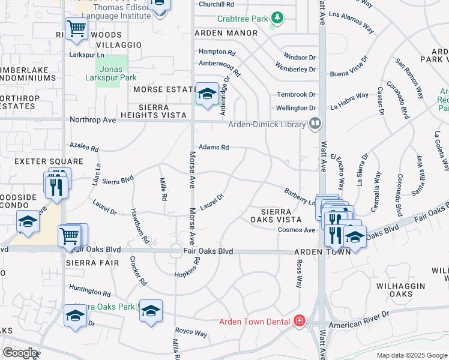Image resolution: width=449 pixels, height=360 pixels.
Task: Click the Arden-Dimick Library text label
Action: pos(266,124)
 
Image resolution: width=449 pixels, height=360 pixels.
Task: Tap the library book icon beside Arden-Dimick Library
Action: pos(315,124)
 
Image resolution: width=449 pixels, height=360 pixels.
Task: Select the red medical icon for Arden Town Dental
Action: pos(299,322)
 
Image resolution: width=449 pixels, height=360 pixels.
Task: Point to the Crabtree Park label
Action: pos(243,19)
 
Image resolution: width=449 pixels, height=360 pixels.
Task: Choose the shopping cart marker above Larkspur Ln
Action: pos(76,29)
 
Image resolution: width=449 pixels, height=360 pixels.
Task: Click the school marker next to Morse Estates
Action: pos(207,94)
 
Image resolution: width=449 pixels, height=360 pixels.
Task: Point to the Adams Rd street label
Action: pos(214,147)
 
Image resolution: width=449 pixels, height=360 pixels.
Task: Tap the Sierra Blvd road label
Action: pos(117,180)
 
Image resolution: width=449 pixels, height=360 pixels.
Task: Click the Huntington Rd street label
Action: pos(90,291)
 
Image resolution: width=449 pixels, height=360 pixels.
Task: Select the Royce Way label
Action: pos(191,332)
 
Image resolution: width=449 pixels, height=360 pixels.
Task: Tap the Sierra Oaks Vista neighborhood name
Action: pos(276,215)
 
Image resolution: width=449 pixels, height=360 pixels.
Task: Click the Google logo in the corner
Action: pos(20,353)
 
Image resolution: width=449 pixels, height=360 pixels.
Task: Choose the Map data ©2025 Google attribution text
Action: pos(411,355)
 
